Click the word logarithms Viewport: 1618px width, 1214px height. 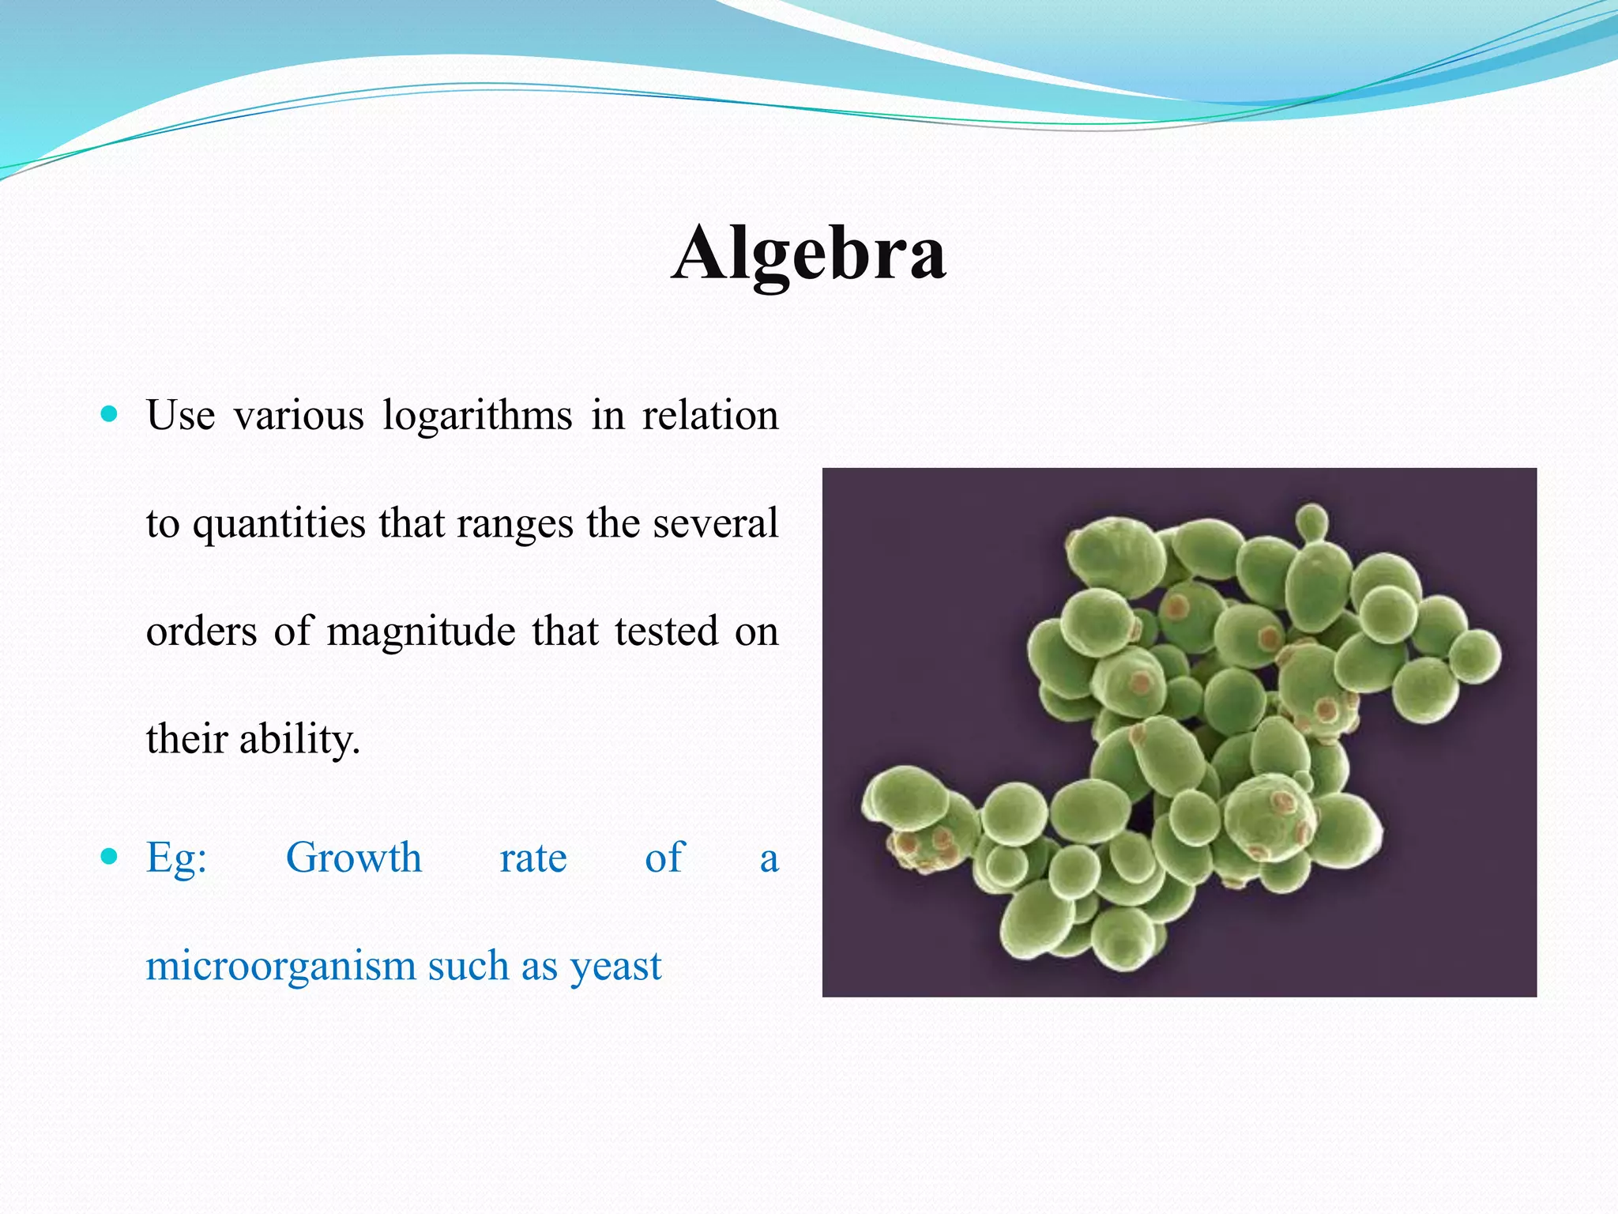(x=477, y=417)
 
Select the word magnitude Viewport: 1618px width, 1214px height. (x=421, y=632)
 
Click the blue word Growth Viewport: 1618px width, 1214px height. (x=353, y=859)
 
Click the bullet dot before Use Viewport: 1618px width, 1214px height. (x=110, y=413)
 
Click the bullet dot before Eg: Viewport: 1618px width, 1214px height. (x=110, y=856)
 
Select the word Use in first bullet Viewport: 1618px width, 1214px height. (x=180, y=417)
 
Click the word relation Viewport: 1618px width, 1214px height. (x=709, y=417)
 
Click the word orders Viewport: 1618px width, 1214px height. (x=201, y=632)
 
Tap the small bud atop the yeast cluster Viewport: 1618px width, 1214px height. (x=1312, y=522)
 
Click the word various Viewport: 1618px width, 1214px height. (x=299, y=417)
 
